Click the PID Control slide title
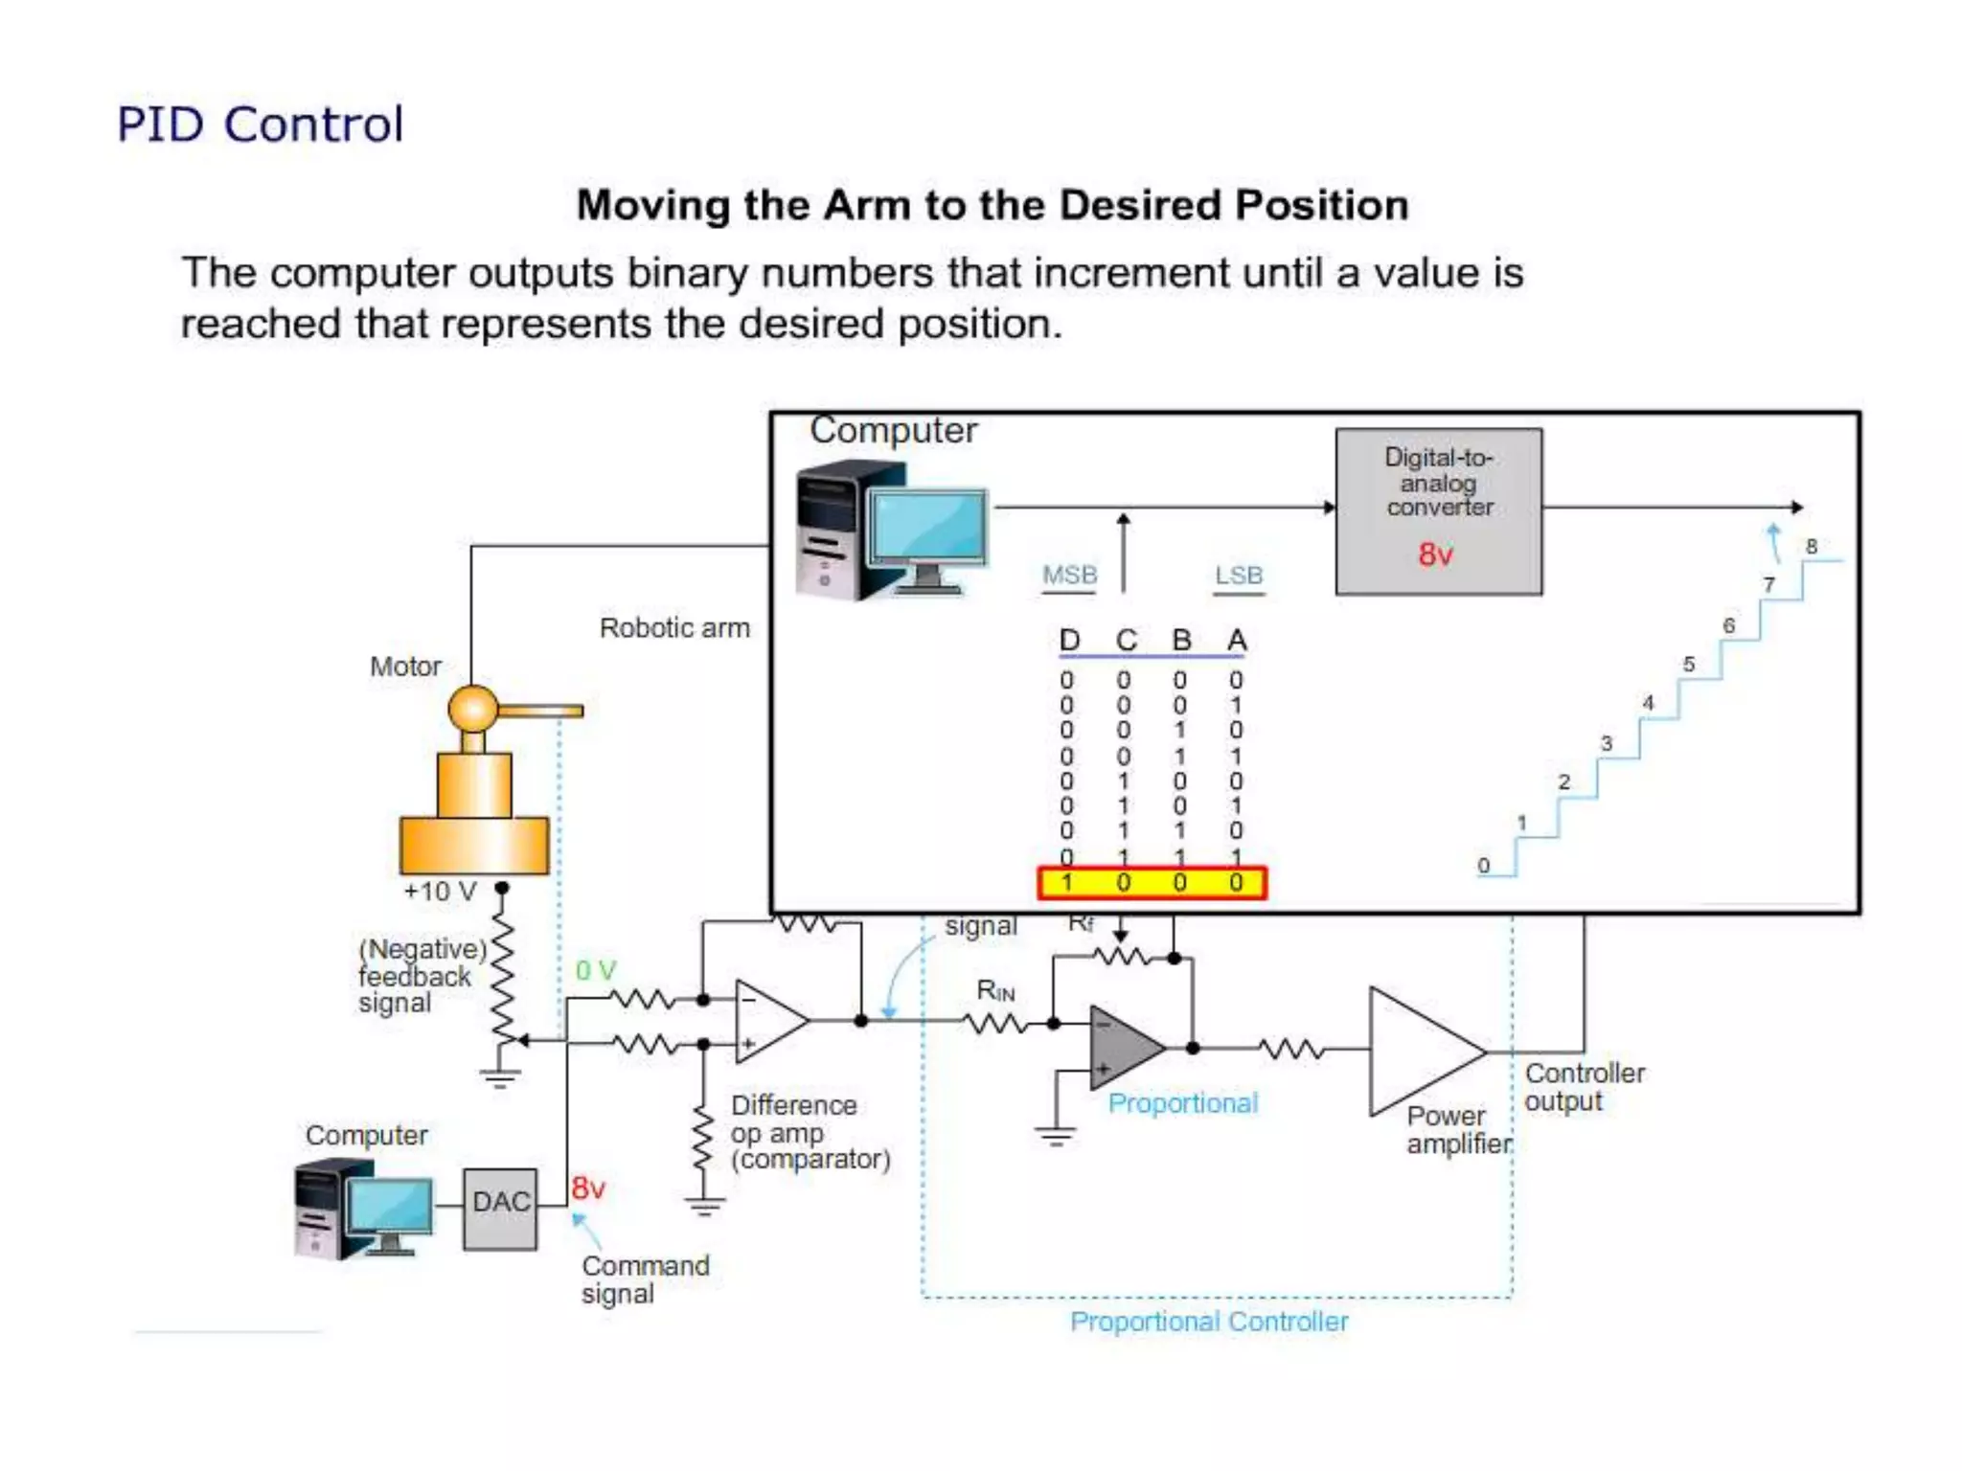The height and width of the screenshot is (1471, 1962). (260, 124)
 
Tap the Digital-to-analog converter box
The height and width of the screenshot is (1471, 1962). (1438, 511)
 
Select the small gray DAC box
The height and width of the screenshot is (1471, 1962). (499, 1209)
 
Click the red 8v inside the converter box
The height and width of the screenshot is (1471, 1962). (1435, 554)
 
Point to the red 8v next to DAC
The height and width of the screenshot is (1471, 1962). (587, 1188)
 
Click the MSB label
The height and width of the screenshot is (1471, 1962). (1069, 576)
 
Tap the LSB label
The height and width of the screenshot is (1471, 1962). (1239, 576)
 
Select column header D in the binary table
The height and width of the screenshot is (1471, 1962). (1069, 640)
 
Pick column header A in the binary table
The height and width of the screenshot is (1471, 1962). (1237, 640)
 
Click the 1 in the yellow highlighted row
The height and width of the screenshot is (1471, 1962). (1067, 883)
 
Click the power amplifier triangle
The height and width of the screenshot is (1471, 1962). (1418, 1052)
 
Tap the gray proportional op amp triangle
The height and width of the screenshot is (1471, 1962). (1121, 1048)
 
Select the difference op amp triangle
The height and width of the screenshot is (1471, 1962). (765, 1021)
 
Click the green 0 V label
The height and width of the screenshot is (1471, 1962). (595, 970)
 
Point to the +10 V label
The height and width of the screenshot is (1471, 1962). (440, 892)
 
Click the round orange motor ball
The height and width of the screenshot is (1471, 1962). (472, 710)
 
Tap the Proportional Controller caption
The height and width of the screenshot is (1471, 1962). (1208, 1322)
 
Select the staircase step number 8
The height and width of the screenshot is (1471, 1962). (1811, 546)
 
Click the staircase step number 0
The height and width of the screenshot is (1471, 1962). (1483, 866)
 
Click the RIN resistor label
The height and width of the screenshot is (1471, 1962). (995, 991)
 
